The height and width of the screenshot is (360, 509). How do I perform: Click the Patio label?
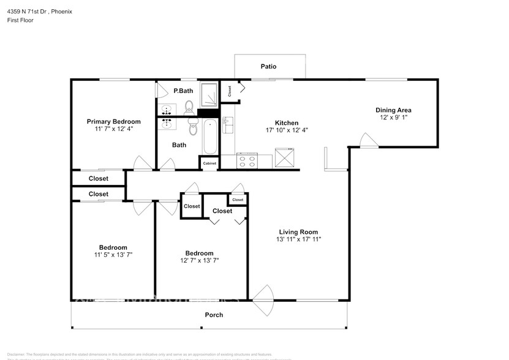coord(268,66)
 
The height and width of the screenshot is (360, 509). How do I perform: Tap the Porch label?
coord(214,315)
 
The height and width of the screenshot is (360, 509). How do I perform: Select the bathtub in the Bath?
coord(209,137)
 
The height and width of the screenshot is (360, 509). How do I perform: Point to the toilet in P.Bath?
coord(189,108)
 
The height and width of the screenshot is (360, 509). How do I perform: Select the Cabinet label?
coord(209,163)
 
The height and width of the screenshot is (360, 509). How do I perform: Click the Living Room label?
coord(298,231)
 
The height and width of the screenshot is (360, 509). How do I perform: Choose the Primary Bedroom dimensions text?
coord(113,129)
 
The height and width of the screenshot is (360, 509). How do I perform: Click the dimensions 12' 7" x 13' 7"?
coord(199,260)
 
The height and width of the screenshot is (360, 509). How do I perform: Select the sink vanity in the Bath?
coord(167,124)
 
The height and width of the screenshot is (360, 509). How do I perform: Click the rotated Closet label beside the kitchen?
coord(230,91)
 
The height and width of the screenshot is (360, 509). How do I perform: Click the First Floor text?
coord(20,20)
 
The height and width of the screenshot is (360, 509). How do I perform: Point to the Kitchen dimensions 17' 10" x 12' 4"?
coord(287,130)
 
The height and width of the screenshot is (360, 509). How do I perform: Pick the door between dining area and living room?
coord(369,143)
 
